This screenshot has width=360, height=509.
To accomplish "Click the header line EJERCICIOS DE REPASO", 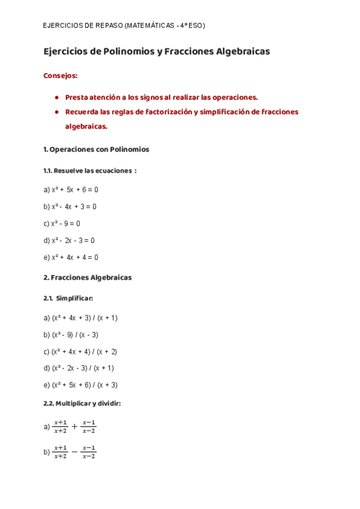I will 124,26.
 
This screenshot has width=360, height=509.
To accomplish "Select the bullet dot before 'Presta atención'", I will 56,97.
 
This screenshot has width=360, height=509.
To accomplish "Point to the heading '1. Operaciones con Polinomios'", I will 96,149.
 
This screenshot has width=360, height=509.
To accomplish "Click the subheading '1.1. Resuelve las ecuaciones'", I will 90,170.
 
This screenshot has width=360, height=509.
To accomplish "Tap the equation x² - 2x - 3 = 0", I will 69,240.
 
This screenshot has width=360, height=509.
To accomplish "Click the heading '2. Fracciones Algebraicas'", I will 88,278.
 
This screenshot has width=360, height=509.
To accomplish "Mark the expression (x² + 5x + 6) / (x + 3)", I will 80,385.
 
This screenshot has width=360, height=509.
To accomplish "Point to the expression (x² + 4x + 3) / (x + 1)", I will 80,318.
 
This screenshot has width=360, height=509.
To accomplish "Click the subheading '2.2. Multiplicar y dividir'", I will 83,404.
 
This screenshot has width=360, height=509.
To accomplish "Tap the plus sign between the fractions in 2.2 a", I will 74,427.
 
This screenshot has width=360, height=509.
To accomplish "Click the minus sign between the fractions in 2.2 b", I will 74,452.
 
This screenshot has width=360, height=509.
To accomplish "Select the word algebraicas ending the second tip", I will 86,127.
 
